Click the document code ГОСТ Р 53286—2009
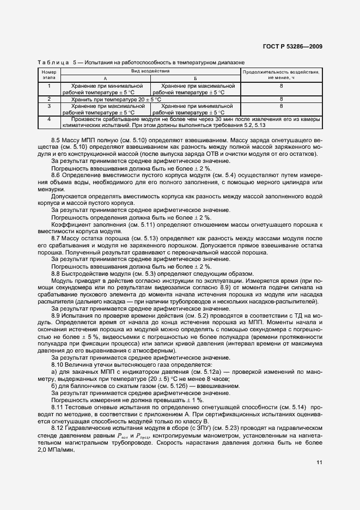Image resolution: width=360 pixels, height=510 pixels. click(x=292, y=46)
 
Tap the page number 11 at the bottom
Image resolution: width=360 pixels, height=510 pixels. click(x=319, y=463)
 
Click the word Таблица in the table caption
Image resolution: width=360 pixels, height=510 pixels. click(x=52, y=63)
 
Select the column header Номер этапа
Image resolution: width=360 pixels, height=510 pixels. click(x=49, y=75)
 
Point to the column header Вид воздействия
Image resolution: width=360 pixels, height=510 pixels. click(x=150, y=72)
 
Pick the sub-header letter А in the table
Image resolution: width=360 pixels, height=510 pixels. click(x=105, y=79)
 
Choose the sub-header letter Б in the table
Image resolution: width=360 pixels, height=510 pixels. click(x=194, y=79)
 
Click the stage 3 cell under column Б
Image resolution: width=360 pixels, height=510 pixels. click(x=194, y=109)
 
